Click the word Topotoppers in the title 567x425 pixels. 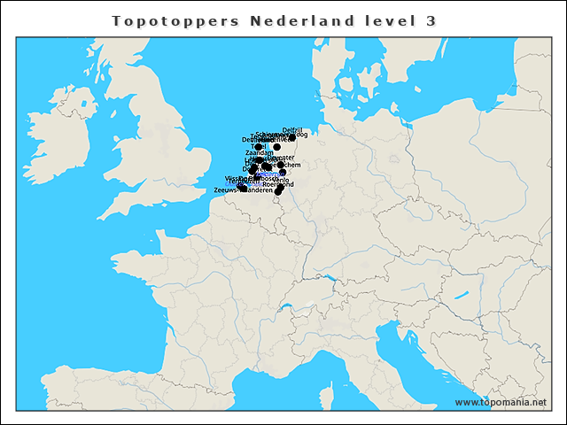[x=175, y=20]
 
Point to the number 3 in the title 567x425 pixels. [x=431, y=20]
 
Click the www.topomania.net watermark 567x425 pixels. [x=501, y=403]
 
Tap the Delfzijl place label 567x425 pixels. [x=292, y=130]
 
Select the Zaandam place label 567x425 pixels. [x=259, y=153]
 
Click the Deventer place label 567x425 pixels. [x=281, y=158]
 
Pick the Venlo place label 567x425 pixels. [x=283, y=180]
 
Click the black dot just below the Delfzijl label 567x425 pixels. [x=291, y=137]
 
